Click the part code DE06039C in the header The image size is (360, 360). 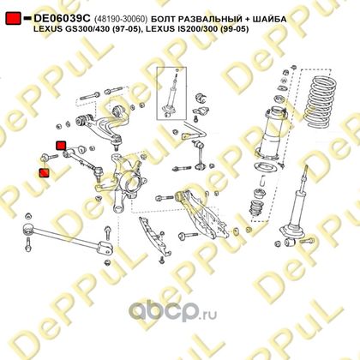[x=62, y=18]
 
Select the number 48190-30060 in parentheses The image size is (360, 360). [x=121, y=19]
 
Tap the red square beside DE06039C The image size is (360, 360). [x=13, y=18]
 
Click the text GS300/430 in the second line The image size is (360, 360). [x=82, y=29]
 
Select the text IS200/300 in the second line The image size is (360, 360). [x=199, y=29]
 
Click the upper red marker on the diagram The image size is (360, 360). [x=61, y=146]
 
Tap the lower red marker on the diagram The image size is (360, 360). [x=45, y=173]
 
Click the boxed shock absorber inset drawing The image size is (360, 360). [x=171, y=93]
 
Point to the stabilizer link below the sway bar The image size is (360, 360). [x=200, y=154]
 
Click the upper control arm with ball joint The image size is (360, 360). [x=100, y=123]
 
